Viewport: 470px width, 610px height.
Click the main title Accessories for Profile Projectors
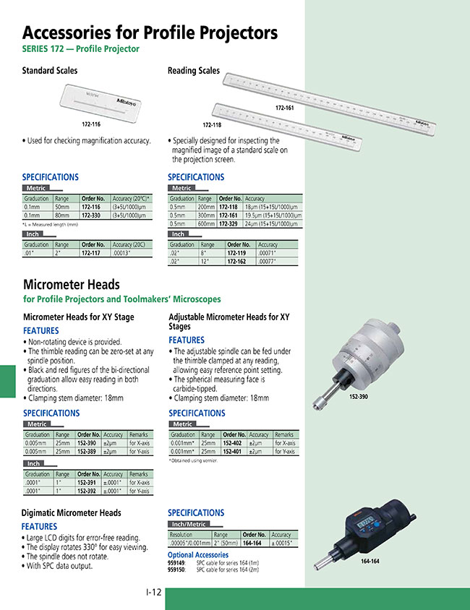(150, 33)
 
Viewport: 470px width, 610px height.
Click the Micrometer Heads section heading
(71, 284)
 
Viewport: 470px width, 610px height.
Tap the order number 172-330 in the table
(92, 215)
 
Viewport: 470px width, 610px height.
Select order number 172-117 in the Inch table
(92, 253)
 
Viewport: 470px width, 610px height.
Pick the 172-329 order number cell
(228, 224)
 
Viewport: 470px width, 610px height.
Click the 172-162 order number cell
(236, 262)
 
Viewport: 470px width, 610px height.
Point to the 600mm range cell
(206, 224)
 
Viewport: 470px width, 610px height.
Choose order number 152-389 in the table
(87, 452)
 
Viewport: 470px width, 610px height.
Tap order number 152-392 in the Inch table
(87, 491)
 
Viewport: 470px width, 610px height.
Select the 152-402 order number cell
(232, 443)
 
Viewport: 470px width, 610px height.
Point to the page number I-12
(153, 593)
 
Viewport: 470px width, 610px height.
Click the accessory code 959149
(176, 562)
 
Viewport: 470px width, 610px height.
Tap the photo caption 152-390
(359, 397)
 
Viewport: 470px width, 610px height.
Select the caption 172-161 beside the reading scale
(284, 108)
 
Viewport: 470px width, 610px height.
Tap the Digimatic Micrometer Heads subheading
(71, 513)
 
